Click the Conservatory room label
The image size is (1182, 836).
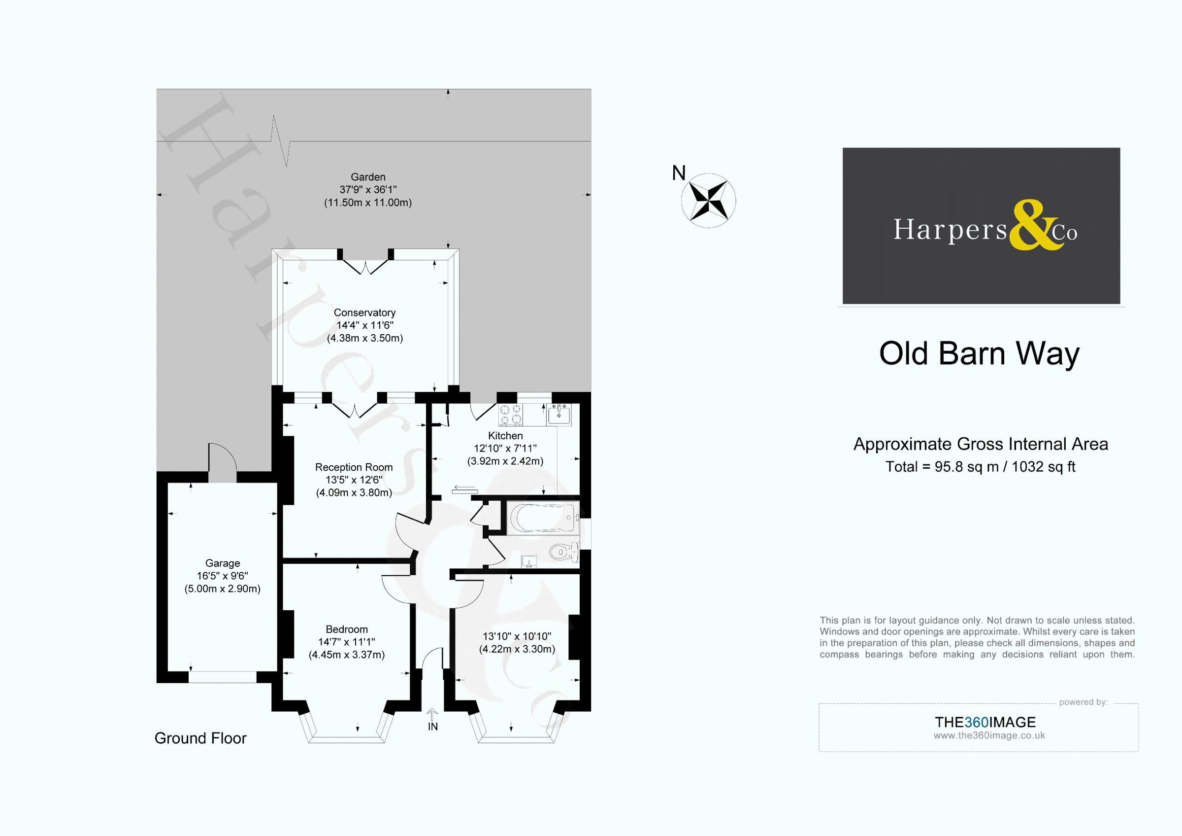pos(364,313)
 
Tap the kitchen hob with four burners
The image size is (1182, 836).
pos(511,415)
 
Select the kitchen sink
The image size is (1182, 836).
pos(558,414)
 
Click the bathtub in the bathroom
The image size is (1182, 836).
pos(543,518)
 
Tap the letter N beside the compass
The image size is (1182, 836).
pos(679,174)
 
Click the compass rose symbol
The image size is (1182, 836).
pos(708,200)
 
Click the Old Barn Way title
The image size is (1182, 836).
pos(979,354)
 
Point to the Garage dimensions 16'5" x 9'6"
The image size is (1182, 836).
pos(223,576)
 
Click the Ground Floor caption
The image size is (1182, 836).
pos(200,738)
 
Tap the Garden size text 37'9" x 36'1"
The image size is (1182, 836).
pos(367,190)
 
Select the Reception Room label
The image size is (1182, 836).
pos(354,467)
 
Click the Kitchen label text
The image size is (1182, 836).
pos(505,436)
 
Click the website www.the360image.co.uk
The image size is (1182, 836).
pos(989,735)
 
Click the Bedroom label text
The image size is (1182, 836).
pos(346,629)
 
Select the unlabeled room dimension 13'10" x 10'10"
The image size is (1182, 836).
pos(516,637)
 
